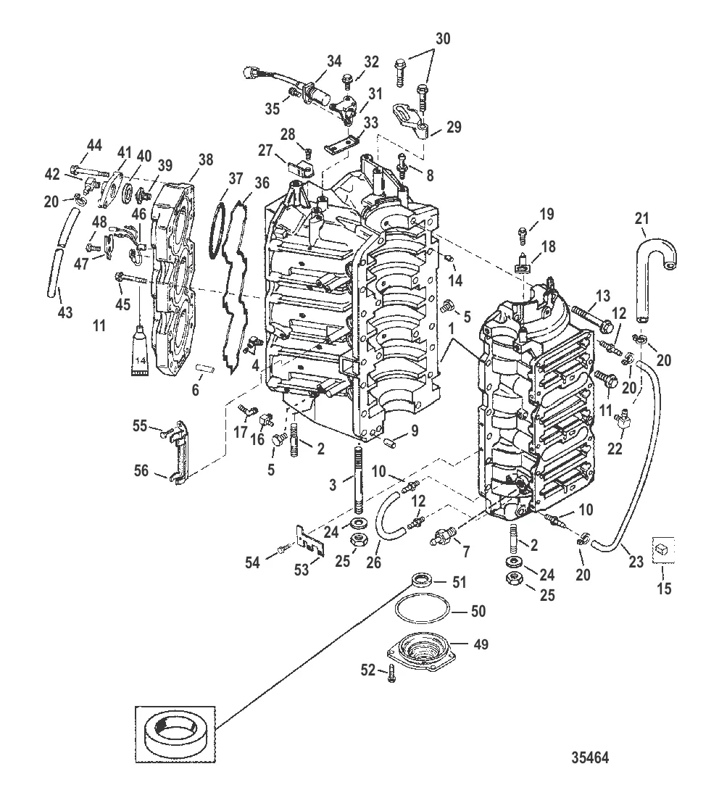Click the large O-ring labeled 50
coord(423,613)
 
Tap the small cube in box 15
coord(662,552)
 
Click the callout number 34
coord(333,63)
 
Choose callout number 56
coord(141,472)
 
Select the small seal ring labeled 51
coord(420,580)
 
